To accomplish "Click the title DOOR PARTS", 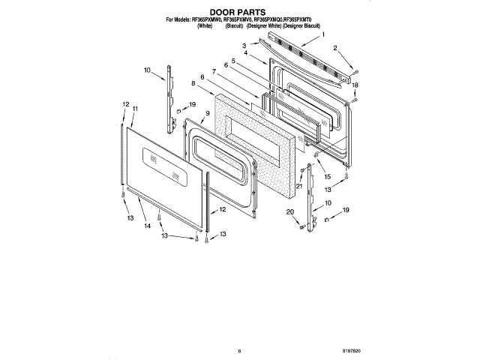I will click(239, 11).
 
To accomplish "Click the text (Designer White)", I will click(263, 26).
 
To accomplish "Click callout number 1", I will click(323, 34).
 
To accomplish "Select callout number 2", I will click(337, 48).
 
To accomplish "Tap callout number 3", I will click(244, 45).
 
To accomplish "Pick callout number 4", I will click(245, 53).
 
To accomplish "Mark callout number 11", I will click(136, 109).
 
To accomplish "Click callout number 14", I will click(147, 226).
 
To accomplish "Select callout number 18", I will click(355, 85).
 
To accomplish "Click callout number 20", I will click(289, 212).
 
